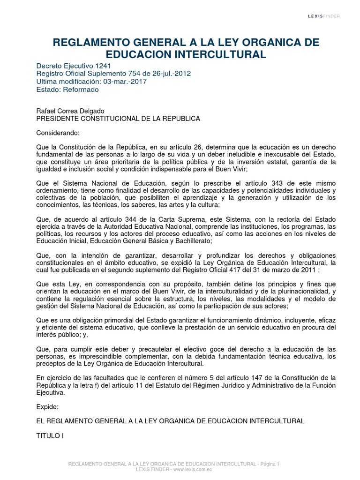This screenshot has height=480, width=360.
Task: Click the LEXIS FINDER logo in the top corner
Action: click(323, 16)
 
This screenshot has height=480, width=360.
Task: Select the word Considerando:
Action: click(58, 133)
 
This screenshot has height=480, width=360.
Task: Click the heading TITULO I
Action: click(49, 436)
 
